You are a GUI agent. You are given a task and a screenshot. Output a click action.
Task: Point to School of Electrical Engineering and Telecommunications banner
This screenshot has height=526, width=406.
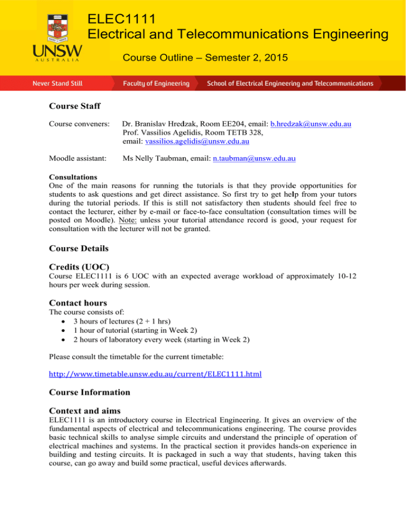[x=290, y=84]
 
